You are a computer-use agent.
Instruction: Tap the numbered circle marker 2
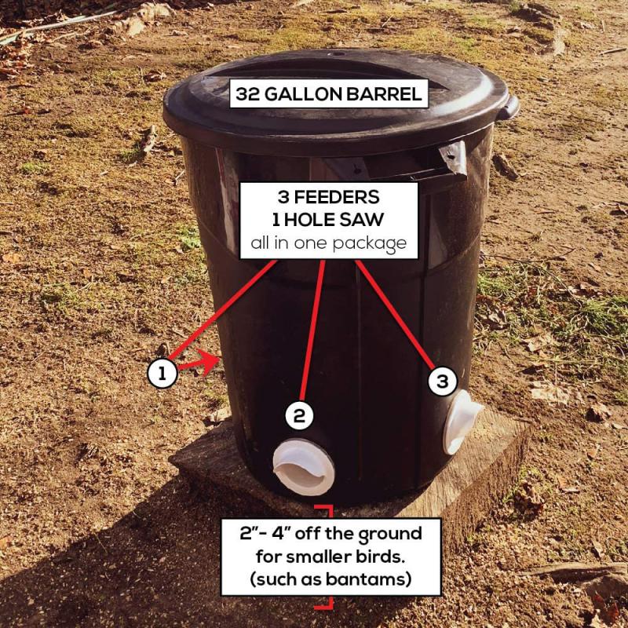click(298, 415)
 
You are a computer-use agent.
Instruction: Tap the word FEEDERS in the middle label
click(338, 196)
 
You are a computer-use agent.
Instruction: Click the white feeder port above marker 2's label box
click(303, 466)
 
